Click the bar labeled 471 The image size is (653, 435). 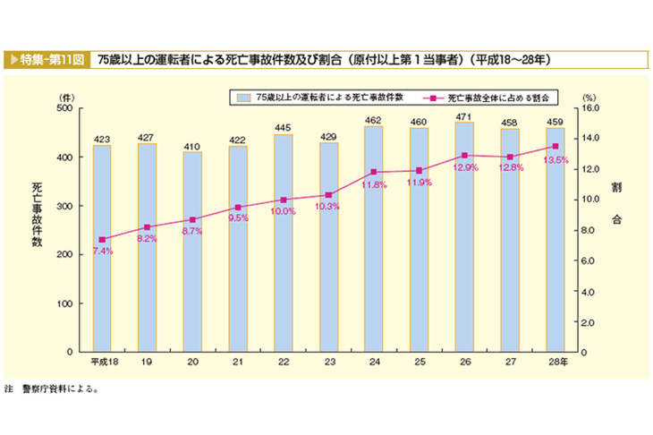click(464, 237)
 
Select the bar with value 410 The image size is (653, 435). click(192, 252)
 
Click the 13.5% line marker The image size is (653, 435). click(555, 146)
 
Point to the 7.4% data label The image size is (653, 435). click(101, 252)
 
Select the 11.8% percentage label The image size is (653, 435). click(373, 184)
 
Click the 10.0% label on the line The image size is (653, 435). click(283, 211)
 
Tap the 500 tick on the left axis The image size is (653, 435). click(64, 107)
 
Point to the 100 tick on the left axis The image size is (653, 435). click(64, 303)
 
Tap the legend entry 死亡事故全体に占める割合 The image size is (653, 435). click(496, 95)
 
